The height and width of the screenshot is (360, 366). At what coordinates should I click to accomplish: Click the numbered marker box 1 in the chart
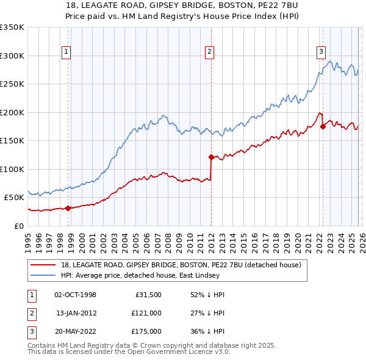pos(66,52)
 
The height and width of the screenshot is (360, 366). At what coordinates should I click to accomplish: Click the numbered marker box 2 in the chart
pos(209,52)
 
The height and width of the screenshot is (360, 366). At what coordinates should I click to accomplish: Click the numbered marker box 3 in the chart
pos(321,52)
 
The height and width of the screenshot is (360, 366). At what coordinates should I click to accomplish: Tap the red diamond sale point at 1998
pos(68,208)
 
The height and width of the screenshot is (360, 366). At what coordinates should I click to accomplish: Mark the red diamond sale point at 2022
pos(323,127)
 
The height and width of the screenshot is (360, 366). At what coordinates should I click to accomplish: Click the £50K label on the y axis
pos(14,197)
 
